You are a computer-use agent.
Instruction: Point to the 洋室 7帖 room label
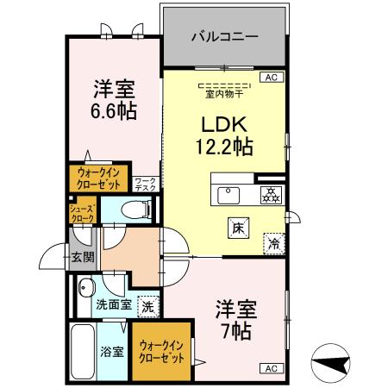point(233,318)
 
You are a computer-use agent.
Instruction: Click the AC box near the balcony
point(271,78)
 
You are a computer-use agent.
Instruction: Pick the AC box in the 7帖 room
point(270,368)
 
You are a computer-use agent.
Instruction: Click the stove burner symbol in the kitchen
point(270,194)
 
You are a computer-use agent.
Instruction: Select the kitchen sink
point(230,194)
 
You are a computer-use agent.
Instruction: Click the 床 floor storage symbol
point(236,228)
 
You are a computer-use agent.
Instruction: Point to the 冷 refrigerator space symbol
point(274,243)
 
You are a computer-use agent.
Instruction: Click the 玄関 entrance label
point(83,256)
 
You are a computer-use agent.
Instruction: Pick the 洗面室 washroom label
point(113,304)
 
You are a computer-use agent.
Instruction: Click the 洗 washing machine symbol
point(147,306)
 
